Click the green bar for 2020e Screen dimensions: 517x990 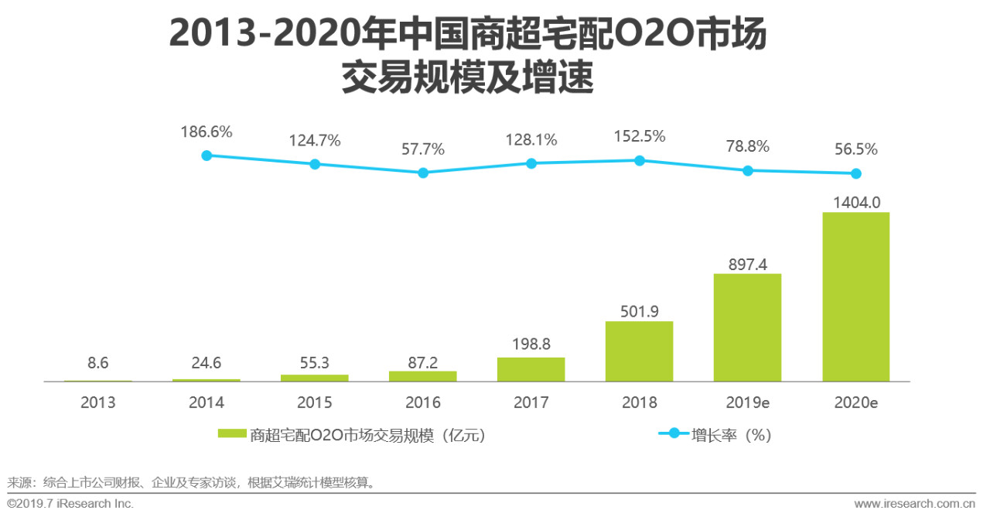pos(855,296)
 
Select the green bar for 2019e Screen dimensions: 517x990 pos(747,327)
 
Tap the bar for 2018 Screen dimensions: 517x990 pos(639,351)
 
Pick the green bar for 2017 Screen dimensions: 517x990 pos(531,369)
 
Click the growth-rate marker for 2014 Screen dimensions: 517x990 pos(207,156)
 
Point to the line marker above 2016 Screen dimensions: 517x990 pos(423,173)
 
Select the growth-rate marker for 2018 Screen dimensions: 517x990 pos(640,160)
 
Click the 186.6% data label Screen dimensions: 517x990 pos(207,132)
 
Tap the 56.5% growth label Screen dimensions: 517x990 pos(855,149)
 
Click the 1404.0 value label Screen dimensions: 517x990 pos(855,203)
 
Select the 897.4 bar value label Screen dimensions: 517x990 pos(747,264)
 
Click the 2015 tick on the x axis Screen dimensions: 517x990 pos(314,403)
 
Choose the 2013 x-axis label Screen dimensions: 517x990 pos(97,403)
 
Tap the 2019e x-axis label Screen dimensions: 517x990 pos(747,403)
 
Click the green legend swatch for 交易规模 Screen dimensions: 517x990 pos(232,435)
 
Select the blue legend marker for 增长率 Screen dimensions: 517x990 pos(673,434)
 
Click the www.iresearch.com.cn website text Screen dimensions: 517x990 pos(914,504)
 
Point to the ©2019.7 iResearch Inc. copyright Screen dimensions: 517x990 pos(70,504)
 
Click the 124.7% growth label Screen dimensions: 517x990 pos(315,141)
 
